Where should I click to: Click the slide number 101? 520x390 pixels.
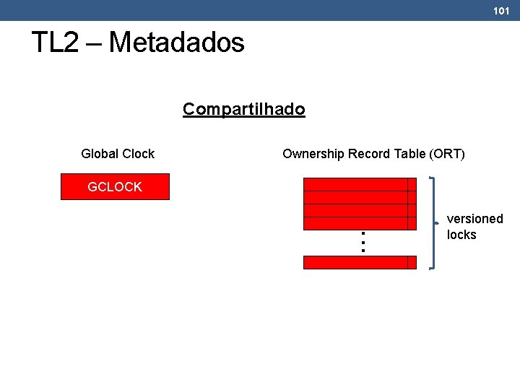tap(501, 11)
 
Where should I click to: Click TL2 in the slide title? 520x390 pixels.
tap(54, 43)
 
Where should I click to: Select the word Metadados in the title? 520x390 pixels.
tap(176, 43)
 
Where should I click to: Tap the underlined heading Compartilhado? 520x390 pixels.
tap(243, 109)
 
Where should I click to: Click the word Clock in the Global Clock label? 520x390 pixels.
tap(138, 154)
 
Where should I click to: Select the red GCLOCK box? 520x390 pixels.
tap(115, 186)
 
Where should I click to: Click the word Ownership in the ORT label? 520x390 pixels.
tap(313, 154)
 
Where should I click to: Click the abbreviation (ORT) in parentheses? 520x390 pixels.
tap(448, 154)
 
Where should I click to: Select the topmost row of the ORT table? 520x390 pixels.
tap(355, 183)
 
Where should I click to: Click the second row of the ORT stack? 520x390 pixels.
tap(355, 196)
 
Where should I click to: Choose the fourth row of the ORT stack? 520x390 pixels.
tap(355, 223)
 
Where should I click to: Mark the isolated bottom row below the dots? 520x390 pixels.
tap(355, 262)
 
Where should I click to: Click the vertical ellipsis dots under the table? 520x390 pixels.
tap(363, 241)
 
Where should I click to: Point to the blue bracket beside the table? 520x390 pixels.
tap(432, 222)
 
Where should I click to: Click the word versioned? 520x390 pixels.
tap(474, 219)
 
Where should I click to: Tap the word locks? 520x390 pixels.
tap(461, 235)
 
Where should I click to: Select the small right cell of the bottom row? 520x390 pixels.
tap(412, 262)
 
